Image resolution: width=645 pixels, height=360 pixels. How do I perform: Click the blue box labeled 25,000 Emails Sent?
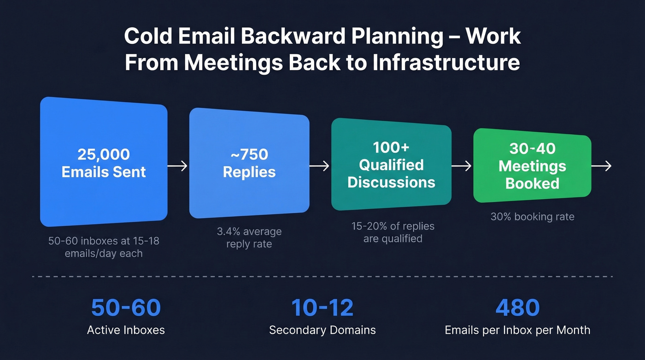[x=104, y=162]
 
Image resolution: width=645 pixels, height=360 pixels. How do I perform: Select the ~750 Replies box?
[x=249, y=164]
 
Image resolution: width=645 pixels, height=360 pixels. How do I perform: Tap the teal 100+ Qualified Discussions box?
[x=391, y=165]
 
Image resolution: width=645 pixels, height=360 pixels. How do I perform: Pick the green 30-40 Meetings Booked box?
[x=532, y=166]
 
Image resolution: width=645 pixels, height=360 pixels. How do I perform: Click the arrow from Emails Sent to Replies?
[x=178, y=166]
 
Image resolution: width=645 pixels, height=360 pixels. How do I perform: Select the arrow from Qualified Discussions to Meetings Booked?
[x=462, y=166]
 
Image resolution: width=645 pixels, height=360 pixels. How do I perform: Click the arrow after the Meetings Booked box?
[x=602, y=166]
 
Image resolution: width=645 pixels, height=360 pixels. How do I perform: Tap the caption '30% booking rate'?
[x=532, y=217]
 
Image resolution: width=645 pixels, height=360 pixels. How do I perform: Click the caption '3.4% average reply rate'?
[x=249, y=237]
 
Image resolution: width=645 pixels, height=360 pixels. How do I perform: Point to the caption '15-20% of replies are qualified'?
[x=393, y=232]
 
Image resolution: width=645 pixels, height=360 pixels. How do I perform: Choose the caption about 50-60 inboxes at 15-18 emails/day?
[x=104, y=247]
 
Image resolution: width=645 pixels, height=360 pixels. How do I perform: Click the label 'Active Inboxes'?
[x=126, y=330]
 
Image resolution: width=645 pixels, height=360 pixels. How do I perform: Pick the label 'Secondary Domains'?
[x=322, y=330]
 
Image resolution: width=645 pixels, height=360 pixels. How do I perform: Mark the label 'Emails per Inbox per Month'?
[x=517, y=330]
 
